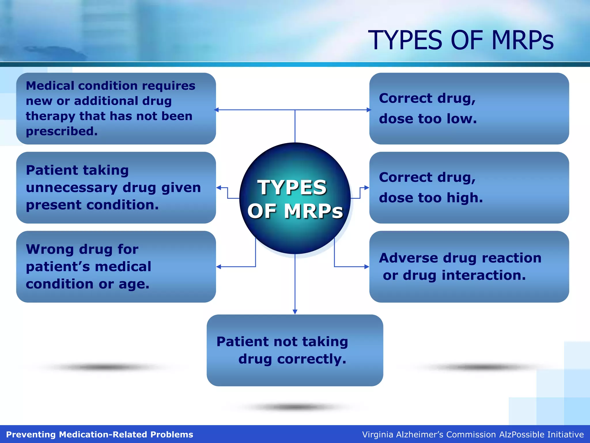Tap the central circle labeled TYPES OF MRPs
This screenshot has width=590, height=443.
[x=295, y=198]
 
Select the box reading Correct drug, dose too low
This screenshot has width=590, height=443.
[x=469, y=108]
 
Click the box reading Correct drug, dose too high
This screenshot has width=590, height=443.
[x=469, y=187]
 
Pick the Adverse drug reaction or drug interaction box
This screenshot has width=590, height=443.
[x=469, y=266]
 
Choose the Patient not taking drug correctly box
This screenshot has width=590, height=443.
[x=295, y=350]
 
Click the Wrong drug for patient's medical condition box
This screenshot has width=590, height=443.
[x=116, y=266]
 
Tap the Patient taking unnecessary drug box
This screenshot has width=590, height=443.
[x=116, y=187]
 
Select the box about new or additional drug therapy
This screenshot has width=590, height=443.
[x=116, y=108]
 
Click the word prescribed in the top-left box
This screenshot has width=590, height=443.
[x=62, y=132]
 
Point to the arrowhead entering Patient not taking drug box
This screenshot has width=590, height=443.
[x=295, y=312]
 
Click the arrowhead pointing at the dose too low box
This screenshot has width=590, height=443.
[x=369, y=110]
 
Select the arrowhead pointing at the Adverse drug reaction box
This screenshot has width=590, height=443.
[x=367, y=267]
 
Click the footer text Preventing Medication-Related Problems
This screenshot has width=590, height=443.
[x=99, y=434]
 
